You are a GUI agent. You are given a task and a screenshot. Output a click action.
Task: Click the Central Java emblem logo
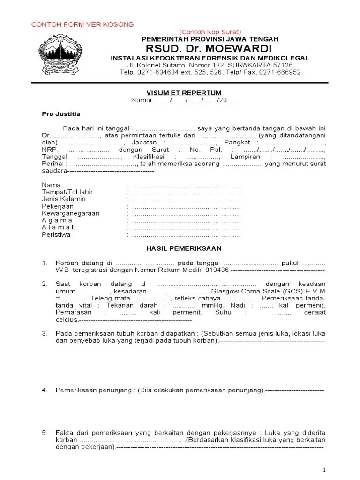[63, 55]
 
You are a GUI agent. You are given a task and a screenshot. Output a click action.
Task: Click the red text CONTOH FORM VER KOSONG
[82, 24]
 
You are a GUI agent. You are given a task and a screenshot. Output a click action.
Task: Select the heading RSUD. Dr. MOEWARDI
[208, 49]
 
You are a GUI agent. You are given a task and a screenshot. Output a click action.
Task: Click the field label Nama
[51, 185]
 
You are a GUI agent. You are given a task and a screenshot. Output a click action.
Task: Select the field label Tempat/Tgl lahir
[67, 192]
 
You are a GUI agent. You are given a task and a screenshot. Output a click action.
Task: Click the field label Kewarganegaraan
[70, 213]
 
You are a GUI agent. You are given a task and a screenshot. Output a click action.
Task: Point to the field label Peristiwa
[56, 234]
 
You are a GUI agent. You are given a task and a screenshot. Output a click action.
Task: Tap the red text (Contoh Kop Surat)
[210, 31]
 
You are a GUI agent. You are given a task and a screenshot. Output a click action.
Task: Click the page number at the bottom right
[324, 470]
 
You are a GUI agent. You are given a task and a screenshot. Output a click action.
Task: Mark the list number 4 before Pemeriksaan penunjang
[45, 390]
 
